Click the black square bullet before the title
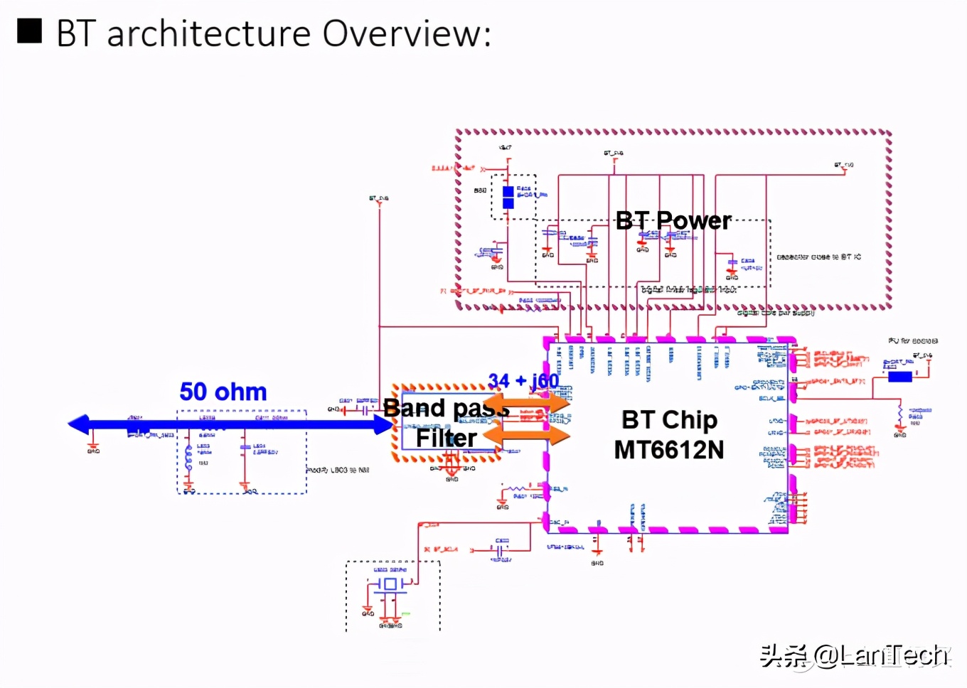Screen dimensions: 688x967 [30, 31]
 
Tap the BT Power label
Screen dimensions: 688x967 [673, 221]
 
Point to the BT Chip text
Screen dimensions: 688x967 [669, 420]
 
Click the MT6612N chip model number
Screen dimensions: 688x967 [669, 450]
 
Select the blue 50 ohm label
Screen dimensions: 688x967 [223, 392]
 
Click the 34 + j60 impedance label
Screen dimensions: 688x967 [523, 381]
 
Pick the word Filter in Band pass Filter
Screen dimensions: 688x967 [446, 438]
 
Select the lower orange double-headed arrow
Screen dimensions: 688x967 [527, 434]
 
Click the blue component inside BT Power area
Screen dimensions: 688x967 [508, 198]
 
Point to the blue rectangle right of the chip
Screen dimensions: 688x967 [899, 377]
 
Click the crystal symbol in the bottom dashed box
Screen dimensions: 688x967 [389, 584]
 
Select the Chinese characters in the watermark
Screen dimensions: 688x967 [784, 655]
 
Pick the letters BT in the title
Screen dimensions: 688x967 [75, 33]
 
